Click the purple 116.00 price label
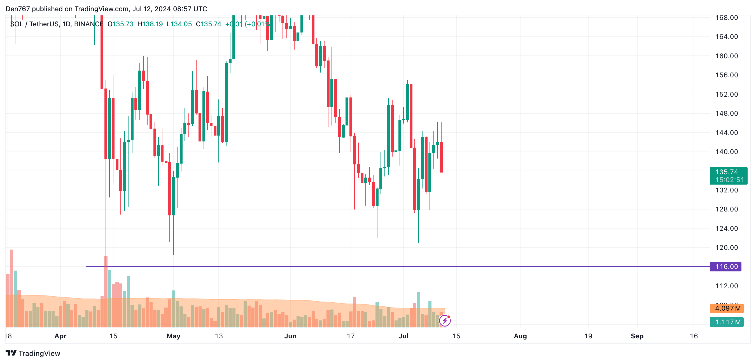(x=726, y=266)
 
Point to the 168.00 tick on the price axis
(x=726, y=18)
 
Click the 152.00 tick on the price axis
(x=726, y=94)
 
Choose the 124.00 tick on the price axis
(x=726, y=228)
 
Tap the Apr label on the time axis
(x=60, y=336)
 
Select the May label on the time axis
(x=173, y=336)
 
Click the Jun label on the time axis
(x=290, y=336)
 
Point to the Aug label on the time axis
(x=520, y=336)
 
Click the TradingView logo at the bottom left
(x=33, y=353)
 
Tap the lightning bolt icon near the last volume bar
(x=445, y=321)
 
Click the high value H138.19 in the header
(x=150, y=24)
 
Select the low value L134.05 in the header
(x=179, y=24)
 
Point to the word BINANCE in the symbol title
(x=89, y=24)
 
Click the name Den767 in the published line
(x=18, y=9)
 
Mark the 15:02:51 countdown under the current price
(x=730, y=180)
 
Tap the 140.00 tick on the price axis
(x=726, y=152)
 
